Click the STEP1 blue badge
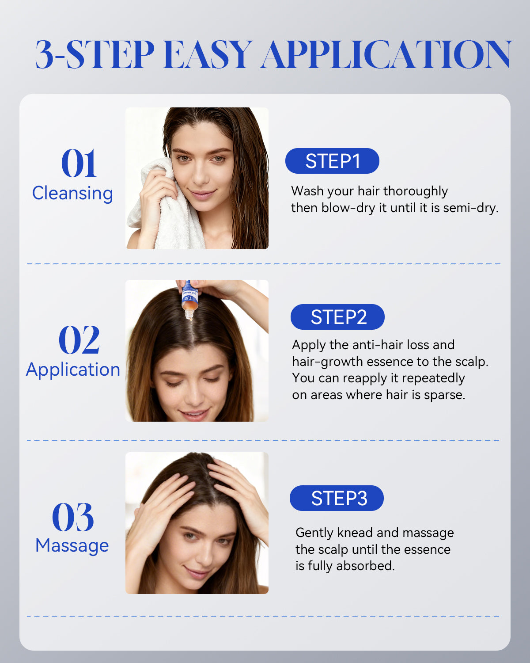pos(332,161)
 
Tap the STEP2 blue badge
pos(337,317)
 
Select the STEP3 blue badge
pos(337,498)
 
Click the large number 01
pos(79,164)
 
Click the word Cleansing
pos(72,194)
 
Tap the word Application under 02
pos(73,370)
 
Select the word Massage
pos(72,545)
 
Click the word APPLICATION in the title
pos(386,55)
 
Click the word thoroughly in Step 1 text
pos(416,191)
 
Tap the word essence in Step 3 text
pos(427,549)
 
